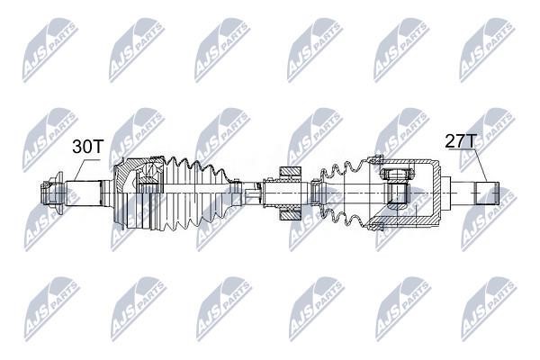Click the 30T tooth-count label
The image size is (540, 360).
pos(88,147)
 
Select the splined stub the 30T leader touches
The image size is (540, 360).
pos(83,193)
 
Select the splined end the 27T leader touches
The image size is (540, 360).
pos(487,193)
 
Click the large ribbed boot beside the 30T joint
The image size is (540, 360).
pos(196,193)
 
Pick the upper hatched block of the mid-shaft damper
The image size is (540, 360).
pos(291,172)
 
